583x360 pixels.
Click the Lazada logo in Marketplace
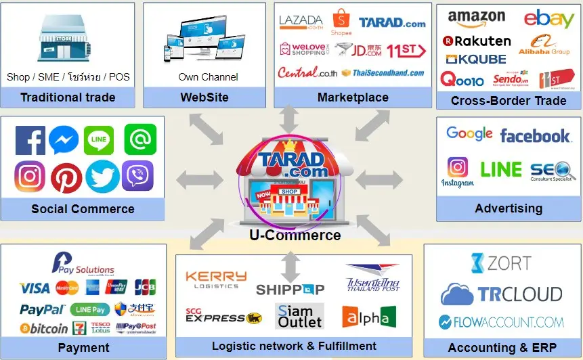pos(301,22)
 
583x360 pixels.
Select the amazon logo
pos(476,18)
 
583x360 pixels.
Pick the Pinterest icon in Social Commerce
pos(66,177)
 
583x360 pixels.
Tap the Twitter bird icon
pos(102,177)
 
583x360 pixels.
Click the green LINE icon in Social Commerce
pos(99,140)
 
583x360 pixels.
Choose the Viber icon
pos(137,177)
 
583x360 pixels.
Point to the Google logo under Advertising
pos(469,134)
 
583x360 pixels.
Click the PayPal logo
pos(42,310)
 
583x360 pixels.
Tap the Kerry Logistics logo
pos(216,279)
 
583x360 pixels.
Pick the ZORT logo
pos(500,263)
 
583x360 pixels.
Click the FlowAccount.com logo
pos(501,322)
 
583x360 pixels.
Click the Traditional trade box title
pos(68,97)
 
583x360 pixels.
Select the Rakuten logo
pos(477,41)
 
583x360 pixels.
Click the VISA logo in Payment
pos(35,288)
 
